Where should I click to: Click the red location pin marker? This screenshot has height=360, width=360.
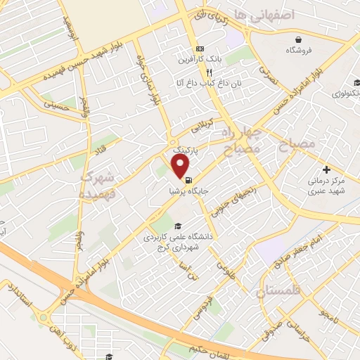[181, 166]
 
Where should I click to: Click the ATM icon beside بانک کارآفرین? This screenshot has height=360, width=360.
[200, 48]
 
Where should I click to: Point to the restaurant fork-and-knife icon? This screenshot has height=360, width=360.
[209, 72]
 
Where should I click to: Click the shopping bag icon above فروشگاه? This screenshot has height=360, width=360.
[298, 38]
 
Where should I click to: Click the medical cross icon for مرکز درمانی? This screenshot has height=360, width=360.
[326, 169]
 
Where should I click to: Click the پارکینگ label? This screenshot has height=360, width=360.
[186, 150]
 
